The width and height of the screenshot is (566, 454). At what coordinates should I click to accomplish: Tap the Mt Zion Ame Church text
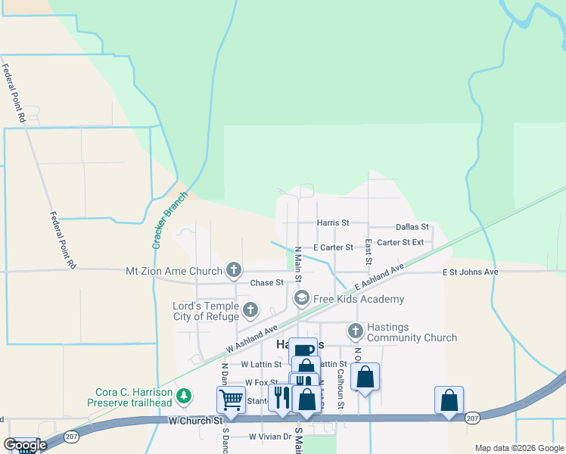[174, 270]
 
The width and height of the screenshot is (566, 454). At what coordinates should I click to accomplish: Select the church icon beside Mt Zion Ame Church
[234, 270]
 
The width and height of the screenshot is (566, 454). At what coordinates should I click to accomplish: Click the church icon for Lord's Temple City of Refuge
[250, 310]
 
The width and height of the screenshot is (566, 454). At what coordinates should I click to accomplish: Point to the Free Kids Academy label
[359, 299]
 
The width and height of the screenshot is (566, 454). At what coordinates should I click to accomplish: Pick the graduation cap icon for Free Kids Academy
[301, 299]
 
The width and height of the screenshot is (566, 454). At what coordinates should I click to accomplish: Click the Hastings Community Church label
[412, 332]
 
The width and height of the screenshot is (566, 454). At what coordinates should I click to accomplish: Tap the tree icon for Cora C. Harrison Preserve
[182, 396]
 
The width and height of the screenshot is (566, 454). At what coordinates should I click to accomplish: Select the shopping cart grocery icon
[230, 399]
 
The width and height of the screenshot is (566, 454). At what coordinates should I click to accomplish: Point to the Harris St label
[333, 223]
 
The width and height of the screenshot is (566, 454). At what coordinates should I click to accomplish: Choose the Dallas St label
[412, 226]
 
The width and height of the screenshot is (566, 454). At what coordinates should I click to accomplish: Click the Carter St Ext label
[400, 242]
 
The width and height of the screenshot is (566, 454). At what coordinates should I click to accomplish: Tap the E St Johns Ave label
[470, 272]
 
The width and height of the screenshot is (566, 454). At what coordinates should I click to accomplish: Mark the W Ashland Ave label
[252, 338]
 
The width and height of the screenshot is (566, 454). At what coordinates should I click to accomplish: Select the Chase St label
[266, 282]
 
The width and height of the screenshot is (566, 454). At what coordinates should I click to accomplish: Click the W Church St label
[195, 419]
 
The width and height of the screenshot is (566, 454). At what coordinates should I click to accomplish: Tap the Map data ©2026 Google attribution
[518, 448]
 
